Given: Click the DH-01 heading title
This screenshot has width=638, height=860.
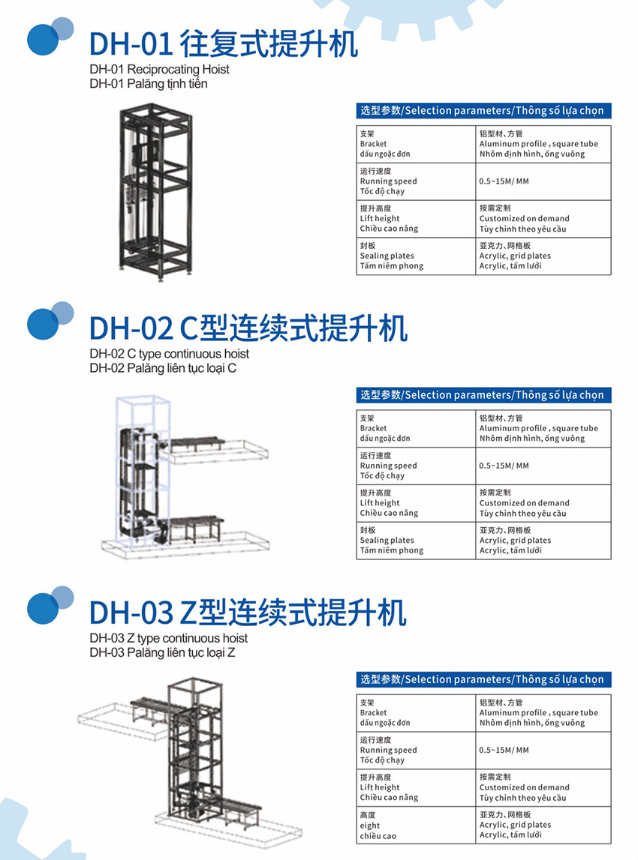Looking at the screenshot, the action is point(224,44).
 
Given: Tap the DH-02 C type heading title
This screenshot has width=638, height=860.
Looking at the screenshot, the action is point(248,328).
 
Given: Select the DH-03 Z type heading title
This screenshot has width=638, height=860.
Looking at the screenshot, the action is point(248,613).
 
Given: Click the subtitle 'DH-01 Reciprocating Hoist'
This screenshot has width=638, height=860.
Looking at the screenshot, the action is point(159,70).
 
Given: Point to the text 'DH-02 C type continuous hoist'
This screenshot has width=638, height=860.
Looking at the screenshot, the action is point(169,354).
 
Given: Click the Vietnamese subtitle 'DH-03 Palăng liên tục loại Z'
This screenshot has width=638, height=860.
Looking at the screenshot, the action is point(162,652).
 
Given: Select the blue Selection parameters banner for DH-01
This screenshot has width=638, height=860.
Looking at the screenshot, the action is point(483,111).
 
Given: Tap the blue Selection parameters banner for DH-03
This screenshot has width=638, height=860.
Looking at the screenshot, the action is point(483,679).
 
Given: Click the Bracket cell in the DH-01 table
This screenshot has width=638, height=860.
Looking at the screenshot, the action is point(416,144).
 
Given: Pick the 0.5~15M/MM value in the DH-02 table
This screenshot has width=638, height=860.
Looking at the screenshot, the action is point(504,466).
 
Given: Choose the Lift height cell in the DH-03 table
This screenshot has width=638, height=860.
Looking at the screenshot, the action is point(416,787).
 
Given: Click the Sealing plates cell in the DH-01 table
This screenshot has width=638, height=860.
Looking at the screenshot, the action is point(416,256).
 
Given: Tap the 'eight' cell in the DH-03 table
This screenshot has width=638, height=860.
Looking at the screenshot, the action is point(416,826).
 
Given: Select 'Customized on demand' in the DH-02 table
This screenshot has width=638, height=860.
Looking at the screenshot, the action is point(525,503).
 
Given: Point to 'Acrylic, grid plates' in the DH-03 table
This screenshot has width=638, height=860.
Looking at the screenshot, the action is point(515,825).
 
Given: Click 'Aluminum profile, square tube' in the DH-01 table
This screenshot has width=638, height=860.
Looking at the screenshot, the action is point(539,144).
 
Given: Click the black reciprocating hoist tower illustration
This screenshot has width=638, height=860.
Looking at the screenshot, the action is point(156,192).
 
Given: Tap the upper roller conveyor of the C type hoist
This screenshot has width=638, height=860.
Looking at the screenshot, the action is point(196,444).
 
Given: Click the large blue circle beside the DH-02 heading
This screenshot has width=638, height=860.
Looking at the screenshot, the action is point(42,324).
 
